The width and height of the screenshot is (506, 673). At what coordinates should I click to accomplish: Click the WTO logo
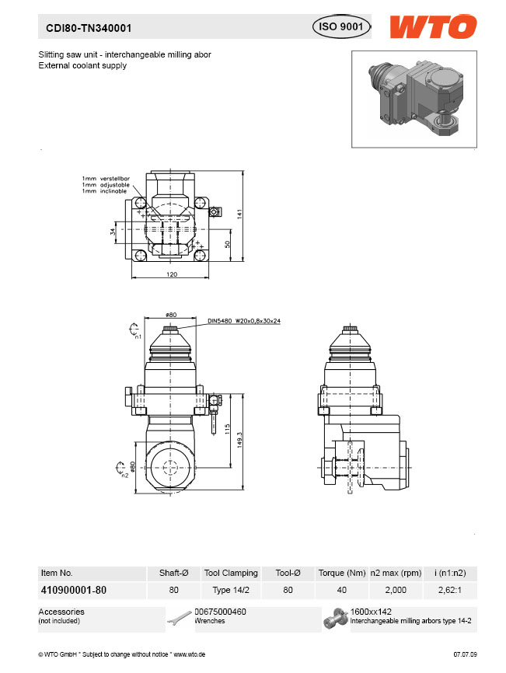(x=433, y=26)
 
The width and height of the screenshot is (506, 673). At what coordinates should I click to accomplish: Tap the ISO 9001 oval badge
(x=341, y=26)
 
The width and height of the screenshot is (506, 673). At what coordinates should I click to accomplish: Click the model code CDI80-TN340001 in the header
(x=89, y=28)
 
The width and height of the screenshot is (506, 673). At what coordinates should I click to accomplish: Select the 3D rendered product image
(x=414, y=99)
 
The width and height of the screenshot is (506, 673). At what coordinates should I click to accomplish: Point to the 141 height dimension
(x=239, y=214)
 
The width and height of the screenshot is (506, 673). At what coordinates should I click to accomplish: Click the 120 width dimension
(x=172, y=274)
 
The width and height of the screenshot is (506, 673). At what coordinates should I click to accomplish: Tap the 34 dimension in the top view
(x=113, y=232)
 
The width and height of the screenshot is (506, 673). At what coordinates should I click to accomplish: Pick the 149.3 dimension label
(x=239, y=440)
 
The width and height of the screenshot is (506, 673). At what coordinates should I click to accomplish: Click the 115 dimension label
(x=228, y=429)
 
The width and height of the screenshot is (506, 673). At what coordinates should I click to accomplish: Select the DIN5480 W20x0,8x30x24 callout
(x=244, y=321)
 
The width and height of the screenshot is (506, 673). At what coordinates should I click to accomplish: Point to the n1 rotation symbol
(x=134, y=330)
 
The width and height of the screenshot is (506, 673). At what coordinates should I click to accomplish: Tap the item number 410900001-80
(x=74, y=590)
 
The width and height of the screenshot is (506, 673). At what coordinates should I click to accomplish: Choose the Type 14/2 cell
(x=231, y=590)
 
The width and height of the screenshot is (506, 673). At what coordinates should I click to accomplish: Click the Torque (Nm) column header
(x=342, y=573)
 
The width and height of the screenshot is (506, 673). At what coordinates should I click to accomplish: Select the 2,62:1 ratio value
(x=450, y=590)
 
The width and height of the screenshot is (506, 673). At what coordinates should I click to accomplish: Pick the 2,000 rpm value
(x=396, y=590)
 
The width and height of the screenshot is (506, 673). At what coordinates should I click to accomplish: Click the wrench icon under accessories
(x=179, y=619)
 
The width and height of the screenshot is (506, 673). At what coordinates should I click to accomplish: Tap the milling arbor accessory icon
(x=336, y=619)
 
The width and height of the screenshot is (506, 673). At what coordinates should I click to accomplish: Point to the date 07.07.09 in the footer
(x=466, y=654)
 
